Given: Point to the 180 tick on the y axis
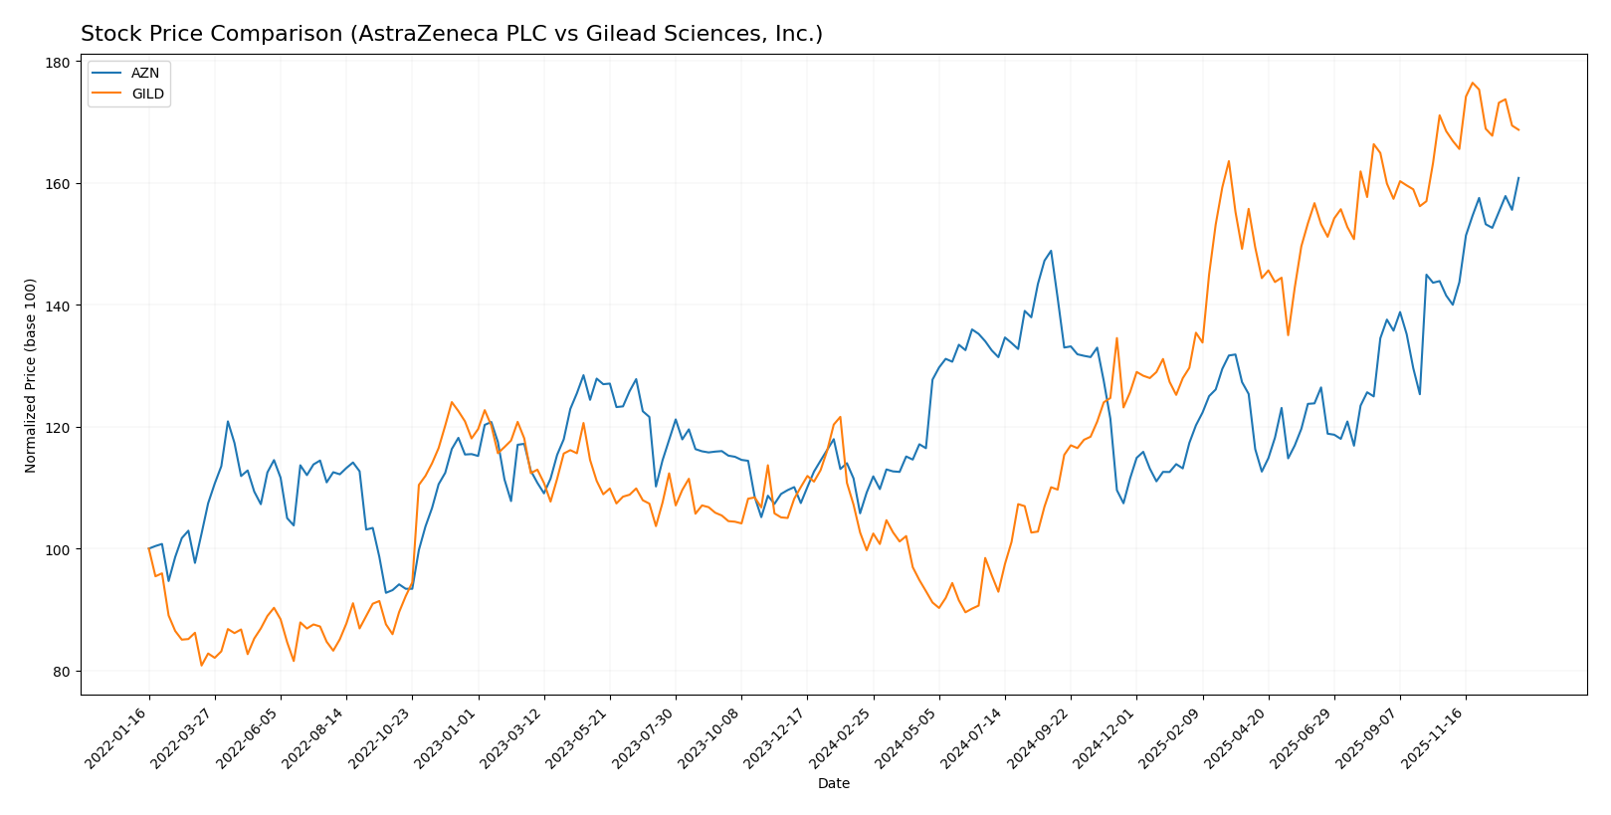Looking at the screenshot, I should tap(58, 63).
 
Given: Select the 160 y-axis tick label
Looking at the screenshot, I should tap(58, 184).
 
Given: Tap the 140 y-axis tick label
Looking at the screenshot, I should tap(58, 306).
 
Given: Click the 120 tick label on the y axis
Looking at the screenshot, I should tap(58, 428).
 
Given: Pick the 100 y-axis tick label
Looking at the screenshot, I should tap(58, 549).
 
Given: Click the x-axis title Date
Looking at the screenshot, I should tap(834, 784).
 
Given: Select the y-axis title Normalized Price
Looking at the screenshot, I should tap(31, 375).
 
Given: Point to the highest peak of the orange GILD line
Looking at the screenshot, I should tap(1473, 83).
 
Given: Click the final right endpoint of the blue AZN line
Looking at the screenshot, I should tap(1518, 178).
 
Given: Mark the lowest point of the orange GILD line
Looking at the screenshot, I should tap(202, 665).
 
